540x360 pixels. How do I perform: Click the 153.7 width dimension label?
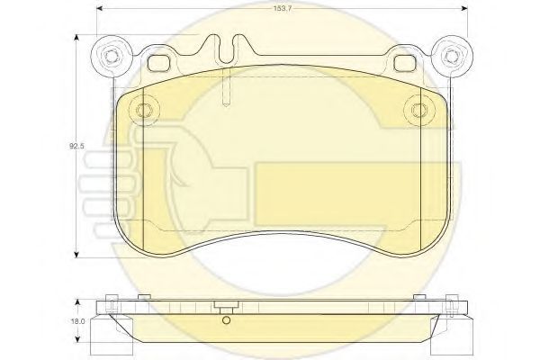pos(283,9)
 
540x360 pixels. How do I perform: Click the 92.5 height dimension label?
pos(76,146)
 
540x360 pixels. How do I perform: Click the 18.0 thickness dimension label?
pos(78,321)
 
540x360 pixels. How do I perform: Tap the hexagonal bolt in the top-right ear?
pos(452,55)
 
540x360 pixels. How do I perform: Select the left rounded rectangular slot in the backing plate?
pos(158,63)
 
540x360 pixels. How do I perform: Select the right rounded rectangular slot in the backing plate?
pos(404,63)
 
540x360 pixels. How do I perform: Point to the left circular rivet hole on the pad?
pos(143,110)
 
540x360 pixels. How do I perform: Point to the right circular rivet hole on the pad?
pos(419,110)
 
